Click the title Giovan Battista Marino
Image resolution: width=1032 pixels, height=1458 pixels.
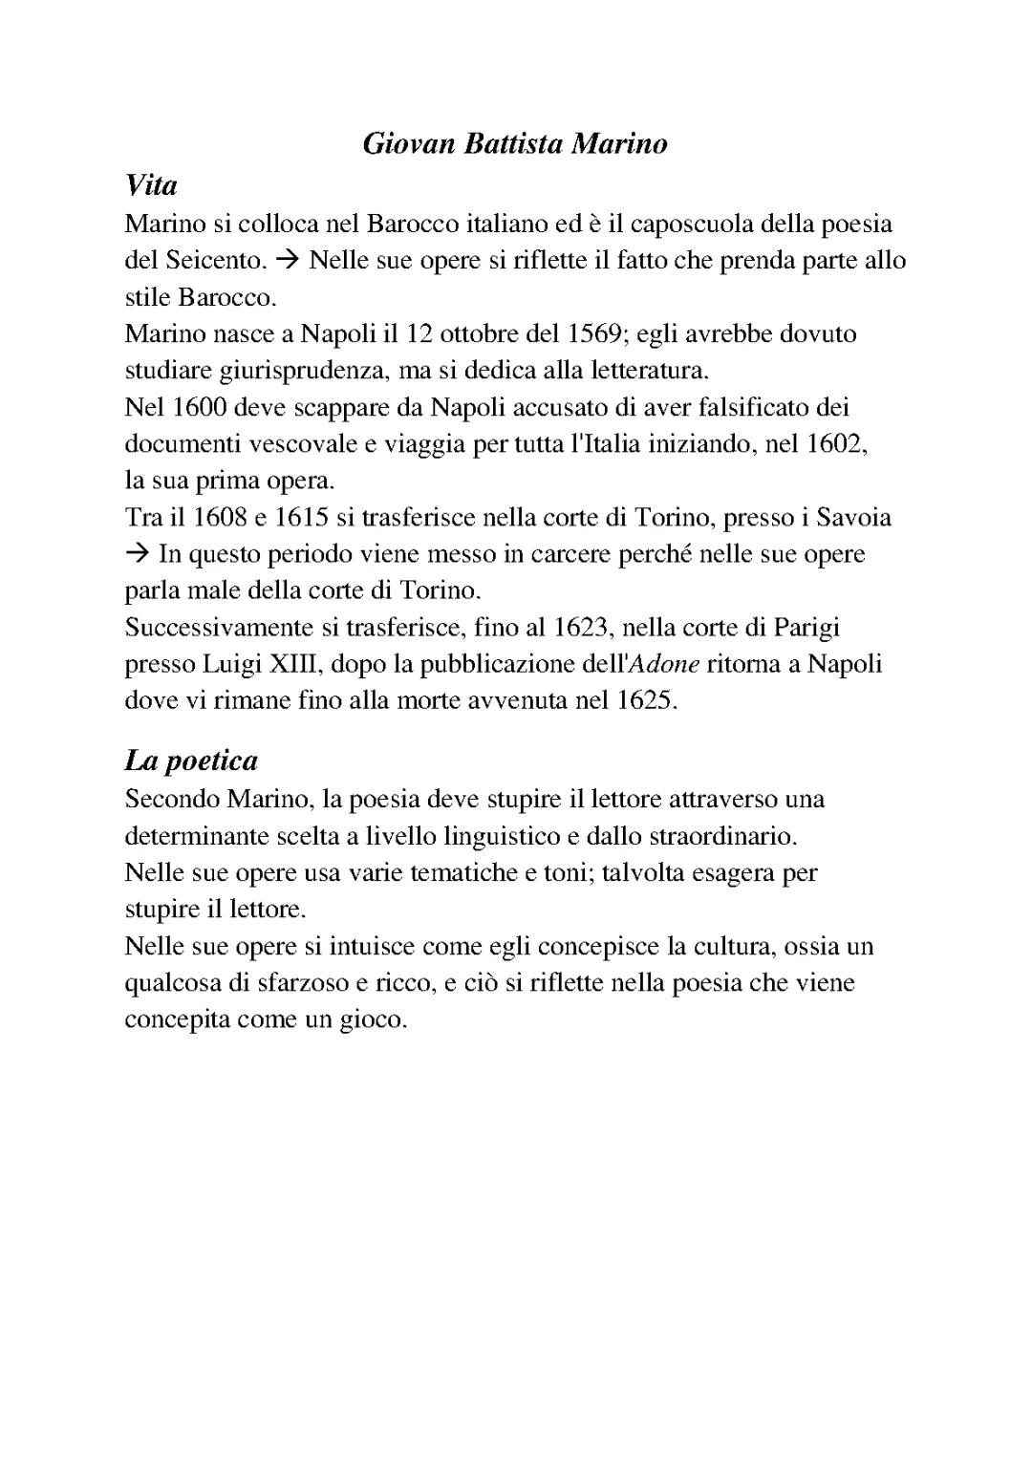point(515,144)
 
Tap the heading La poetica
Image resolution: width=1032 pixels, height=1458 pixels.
point(191,761)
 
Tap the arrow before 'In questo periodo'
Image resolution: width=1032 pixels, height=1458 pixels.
point(138,554)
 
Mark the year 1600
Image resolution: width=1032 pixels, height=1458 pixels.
point(199,408)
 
